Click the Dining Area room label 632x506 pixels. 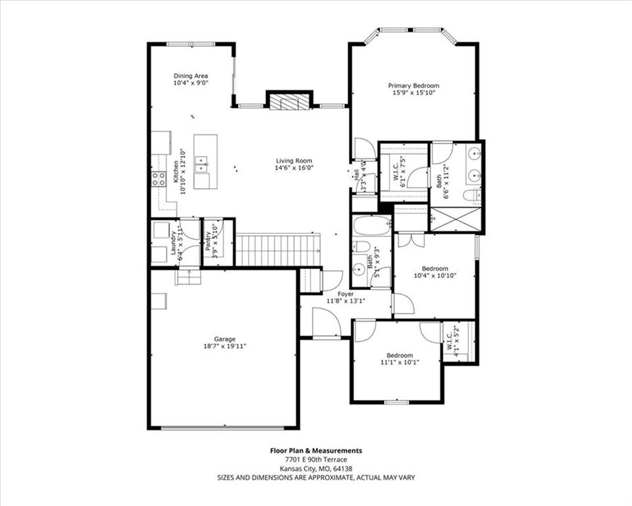(x=191, y=76)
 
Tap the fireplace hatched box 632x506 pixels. (x=290, y=101)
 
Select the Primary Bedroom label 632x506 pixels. (x=413, y=86)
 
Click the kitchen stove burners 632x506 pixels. (x=159, y=179)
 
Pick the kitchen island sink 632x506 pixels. (x=201, y=165)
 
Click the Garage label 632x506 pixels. (x=224, y=339)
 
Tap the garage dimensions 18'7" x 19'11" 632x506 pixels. (x=224, y=346)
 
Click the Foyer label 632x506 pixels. (x=346, y=294)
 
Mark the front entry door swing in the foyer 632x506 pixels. (x=327, y=322)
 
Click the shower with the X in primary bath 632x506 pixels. (x=456, y=219)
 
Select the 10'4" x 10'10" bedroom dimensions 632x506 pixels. (x=435, y=276)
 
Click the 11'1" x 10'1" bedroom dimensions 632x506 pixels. (x=400, y=362)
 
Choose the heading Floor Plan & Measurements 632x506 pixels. (x=316, y=451)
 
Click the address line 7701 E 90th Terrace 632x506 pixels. (x=316, y=460)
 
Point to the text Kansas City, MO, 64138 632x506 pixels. (x=316, y=468)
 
